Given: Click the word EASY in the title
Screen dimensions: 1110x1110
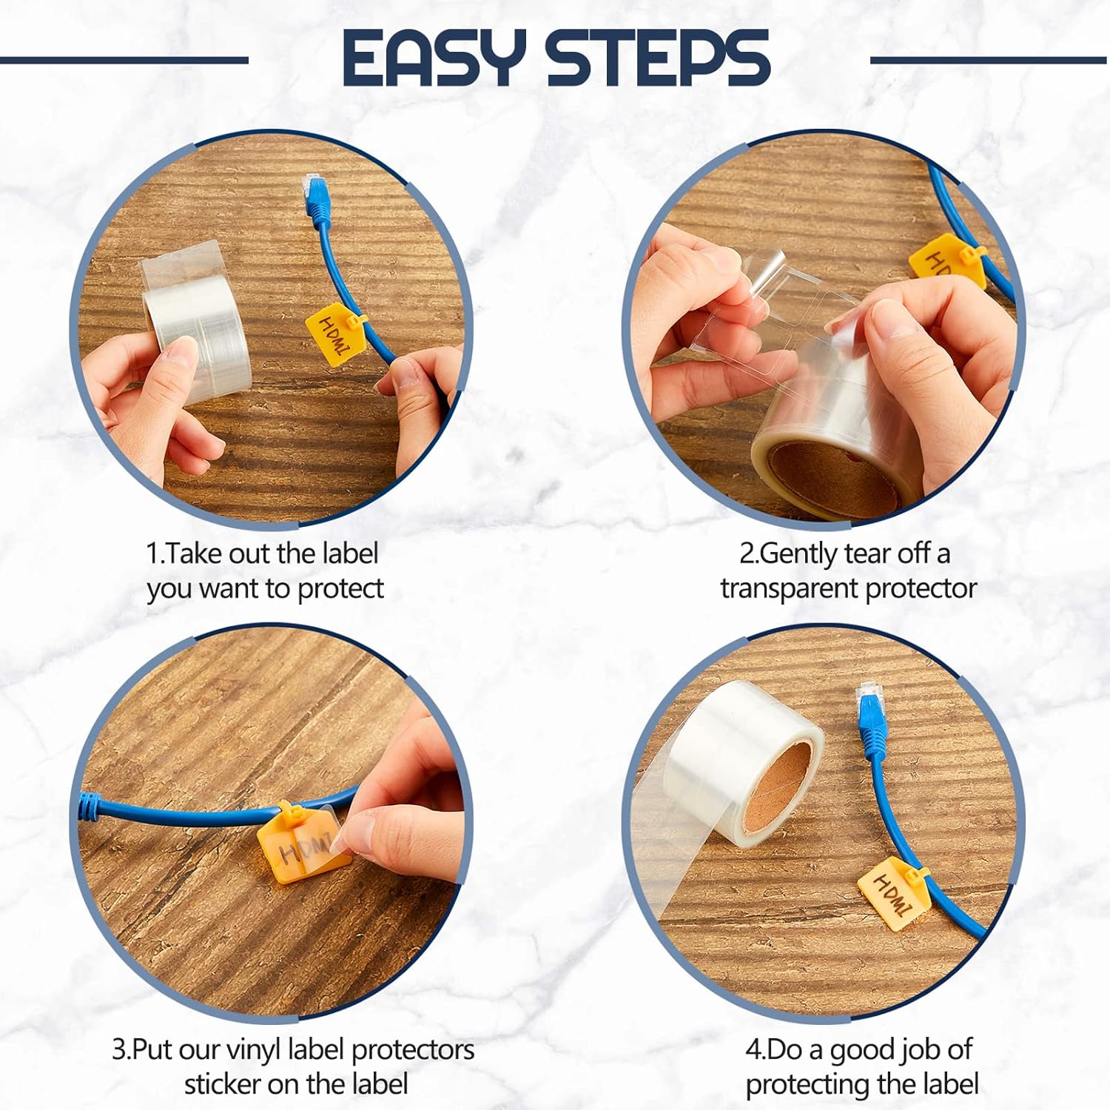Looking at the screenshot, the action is pyautogui.click(x=434, y=58).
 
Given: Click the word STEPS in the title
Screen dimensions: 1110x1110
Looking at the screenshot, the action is pyautogui.click(x=658, y=58).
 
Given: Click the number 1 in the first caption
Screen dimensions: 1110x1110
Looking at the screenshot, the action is pyautogui.click(x=152, y=554).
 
